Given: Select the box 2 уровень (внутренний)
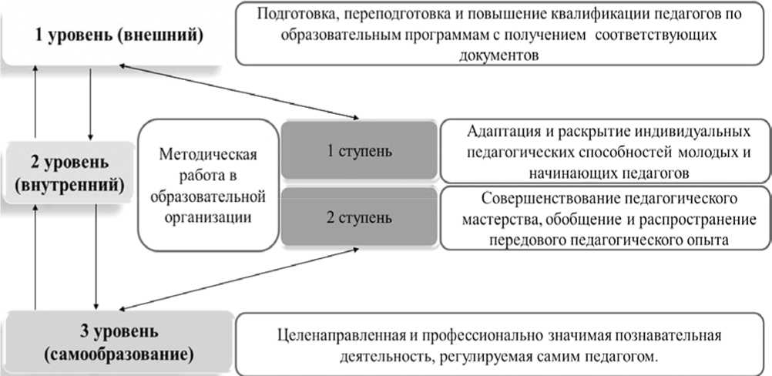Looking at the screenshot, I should (69, 173).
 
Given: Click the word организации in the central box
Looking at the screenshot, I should (207, 217).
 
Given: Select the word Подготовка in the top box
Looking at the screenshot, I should (294, 14).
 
